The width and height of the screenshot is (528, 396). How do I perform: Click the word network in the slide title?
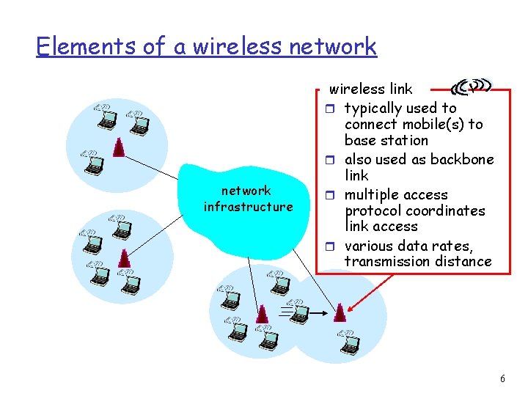[x=333, y=46]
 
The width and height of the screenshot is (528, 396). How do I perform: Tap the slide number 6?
[x=502, y=378]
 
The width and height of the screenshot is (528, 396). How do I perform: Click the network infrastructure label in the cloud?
[x=248, y=199]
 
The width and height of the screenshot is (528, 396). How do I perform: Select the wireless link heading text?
[x=370, y=89]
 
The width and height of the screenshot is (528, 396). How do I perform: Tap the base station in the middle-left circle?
[x=125, y=258]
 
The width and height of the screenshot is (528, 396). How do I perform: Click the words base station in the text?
[x=386, y=140]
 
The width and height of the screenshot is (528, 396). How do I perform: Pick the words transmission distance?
[x=418, y=261]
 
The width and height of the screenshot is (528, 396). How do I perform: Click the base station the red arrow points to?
[x=339, y=313]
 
